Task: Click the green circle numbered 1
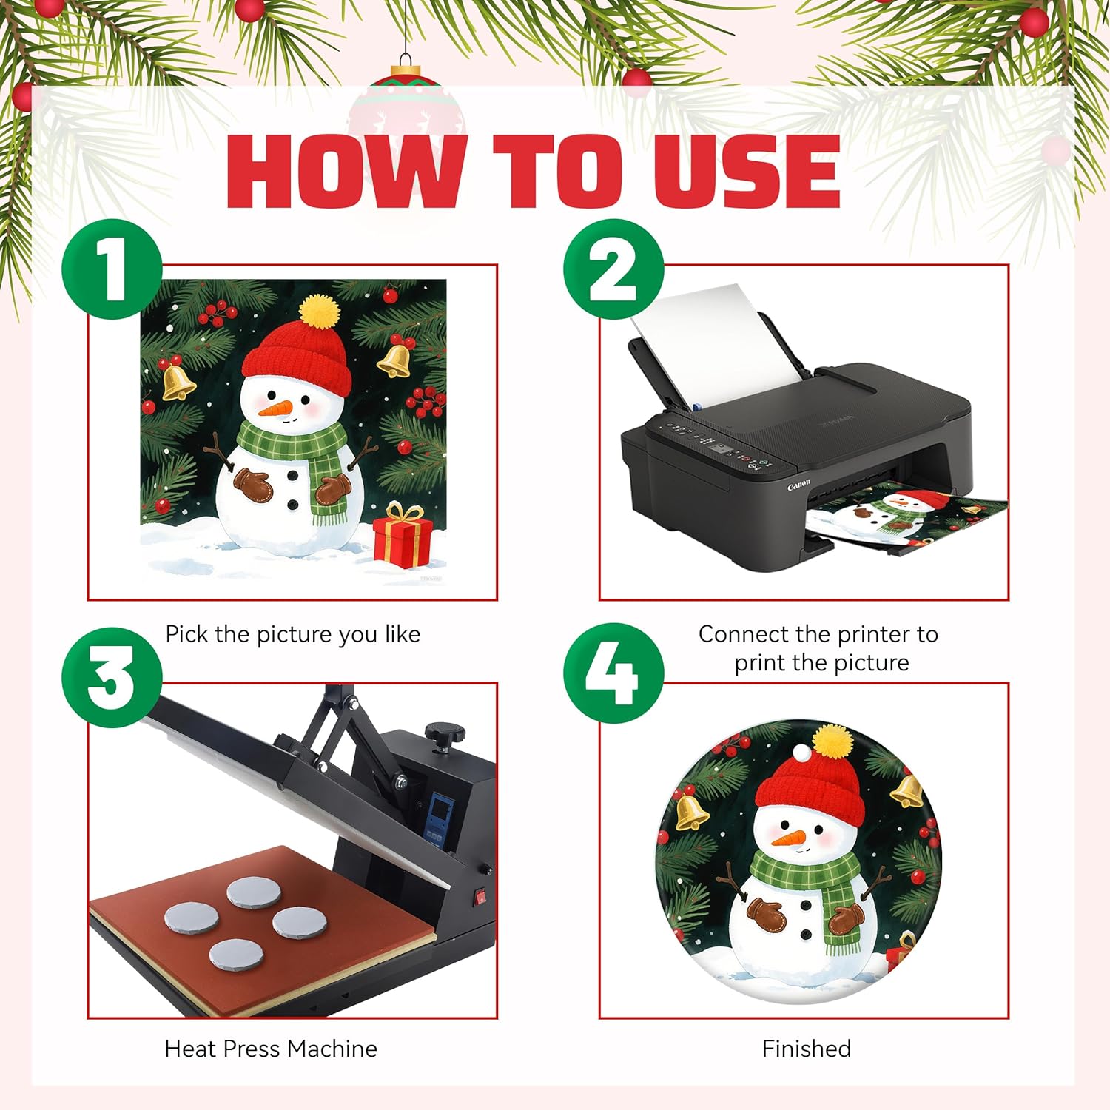tap(112, 270)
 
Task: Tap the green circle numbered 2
tap(613, 270)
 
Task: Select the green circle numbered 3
tap(112, 677)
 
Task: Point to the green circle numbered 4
tap(613, 674)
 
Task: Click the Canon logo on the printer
tap(798, 485)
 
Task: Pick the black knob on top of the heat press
tap(445, 733)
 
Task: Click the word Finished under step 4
tap(807, 1049)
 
